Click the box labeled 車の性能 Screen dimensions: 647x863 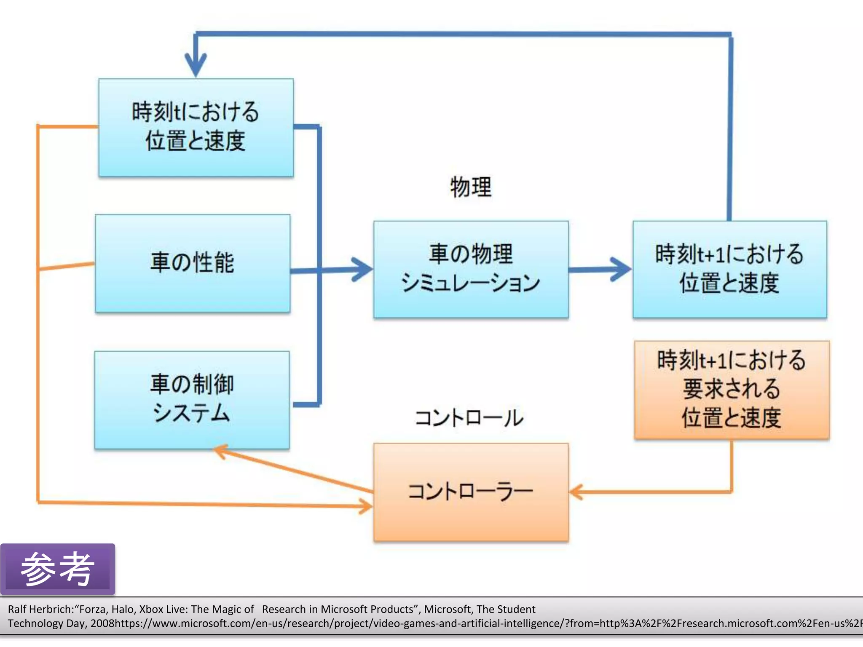pyautogui.click(x=193, y=263)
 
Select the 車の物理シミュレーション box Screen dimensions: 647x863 pyautogui.click(x=471, y=269)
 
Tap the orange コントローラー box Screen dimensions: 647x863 pyautogui.click(x=471, y=492)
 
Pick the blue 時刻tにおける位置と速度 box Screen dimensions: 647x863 pyautogui.click(x=196, y=127)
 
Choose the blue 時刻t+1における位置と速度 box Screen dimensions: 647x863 pyautogui.click(x=729, y=269)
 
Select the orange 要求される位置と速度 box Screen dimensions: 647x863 pyautogui.click(x=732, y=390)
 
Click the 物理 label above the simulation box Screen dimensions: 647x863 pyautogui.click(x=471, y=187)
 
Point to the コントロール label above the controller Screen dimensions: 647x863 pyautogui.click(x=469, y=418)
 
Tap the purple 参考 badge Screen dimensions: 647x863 pyautogui.click(x=57, y=569)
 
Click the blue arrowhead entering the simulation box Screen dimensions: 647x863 pyautogui.click(x=362, y=269)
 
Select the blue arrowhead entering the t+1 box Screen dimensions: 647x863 pyautogui.click(x=621, y=269)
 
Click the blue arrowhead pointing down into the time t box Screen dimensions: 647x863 pyautogui.click(x=196, y=65)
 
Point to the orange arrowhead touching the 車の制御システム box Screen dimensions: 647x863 pyautogui.click(x=220, y=452)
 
